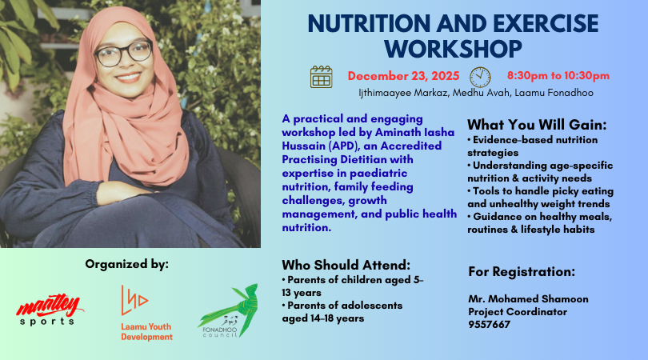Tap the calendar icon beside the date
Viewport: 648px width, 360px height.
click(x=321, y=76)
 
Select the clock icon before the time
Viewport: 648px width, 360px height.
click(x=479, y=76)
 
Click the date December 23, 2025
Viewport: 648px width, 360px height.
click(x=403, y=76)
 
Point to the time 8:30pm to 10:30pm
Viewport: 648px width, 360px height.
click(x=558, y=76)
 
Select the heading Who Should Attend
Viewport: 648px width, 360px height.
click(x=346, y=265)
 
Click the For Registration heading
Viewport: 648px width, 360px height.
click(x=522, y=271)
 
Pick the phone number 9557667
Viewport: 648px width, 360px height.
click(x=489, y=324)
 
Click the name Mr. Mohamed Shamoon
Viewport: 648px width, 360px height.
click(x=528, y=299)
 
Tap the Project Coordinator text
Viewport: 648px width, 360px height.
click(x=518, y=311)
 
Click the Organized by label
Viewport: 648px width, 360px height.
click(x=127, y=263)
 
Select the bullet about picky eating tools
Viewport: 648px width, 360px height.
click(x=540, y=197)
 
